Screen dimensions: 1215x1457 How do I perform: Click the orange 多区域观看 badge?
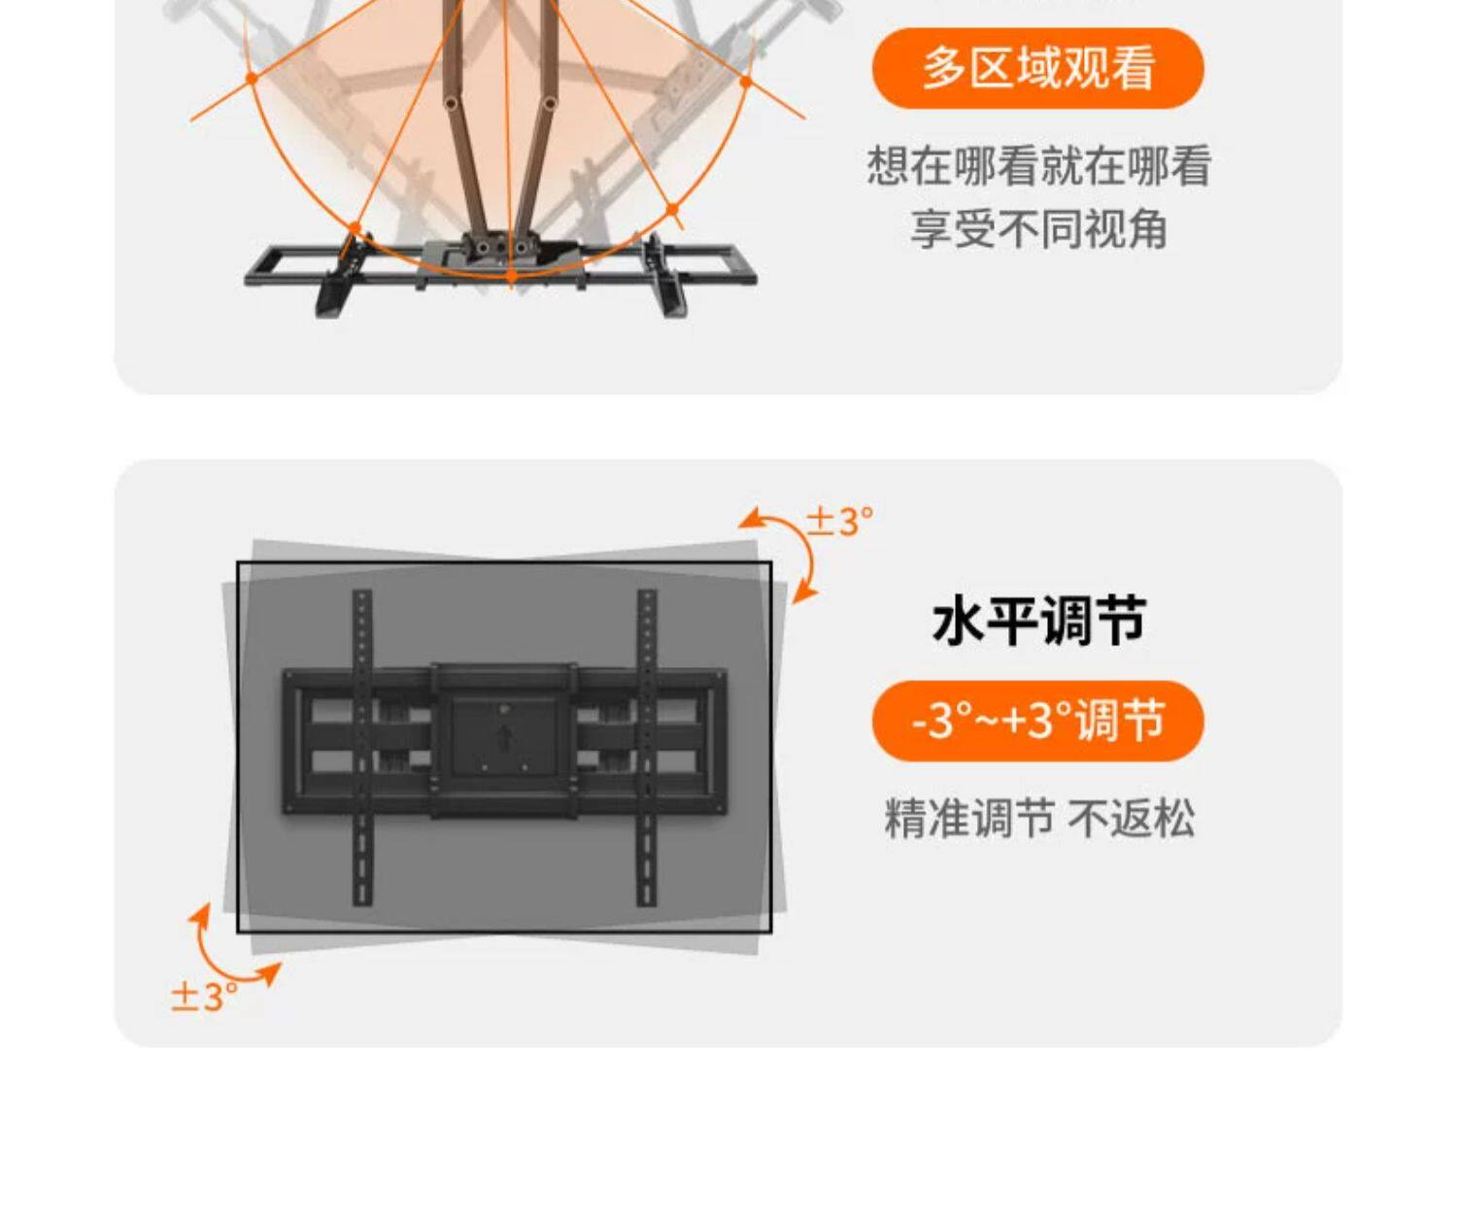(x=1037, y=68)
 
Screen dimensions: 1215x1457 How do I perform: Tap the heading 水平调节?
(x=1038, y=621)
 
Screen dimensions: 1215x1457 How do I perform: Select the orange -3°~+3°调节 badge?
(x=1037, y=721)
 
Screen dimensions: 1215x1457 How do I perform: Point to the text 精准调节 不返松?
(x=1038, y=818)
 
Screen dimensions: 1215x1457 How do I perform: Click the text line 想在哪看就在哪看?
(x=1038, y=166)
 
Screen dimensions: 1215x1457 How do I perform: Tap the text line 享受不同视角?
(x=1038, y=230)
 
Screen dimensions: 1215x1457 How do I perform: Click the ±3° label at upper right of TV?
(x=840, y=522)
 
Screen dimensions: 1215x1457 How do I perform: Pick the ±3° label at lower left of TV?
(x=203, y=996)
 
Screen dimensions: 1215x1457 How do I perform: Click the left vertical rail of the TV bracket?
(x=361, y=748)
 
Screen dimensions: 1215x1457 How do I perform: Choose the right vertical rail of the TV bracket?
(x=646, y=748)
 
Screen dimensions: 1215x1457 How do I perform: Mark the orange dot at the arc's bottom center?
(x=512, y=277)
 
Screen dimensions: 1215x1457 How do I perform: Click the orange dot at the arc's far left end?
(x=252, y=78)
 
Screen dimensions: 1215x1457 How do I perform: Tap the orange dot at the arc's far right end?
(x=745, y=82)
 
